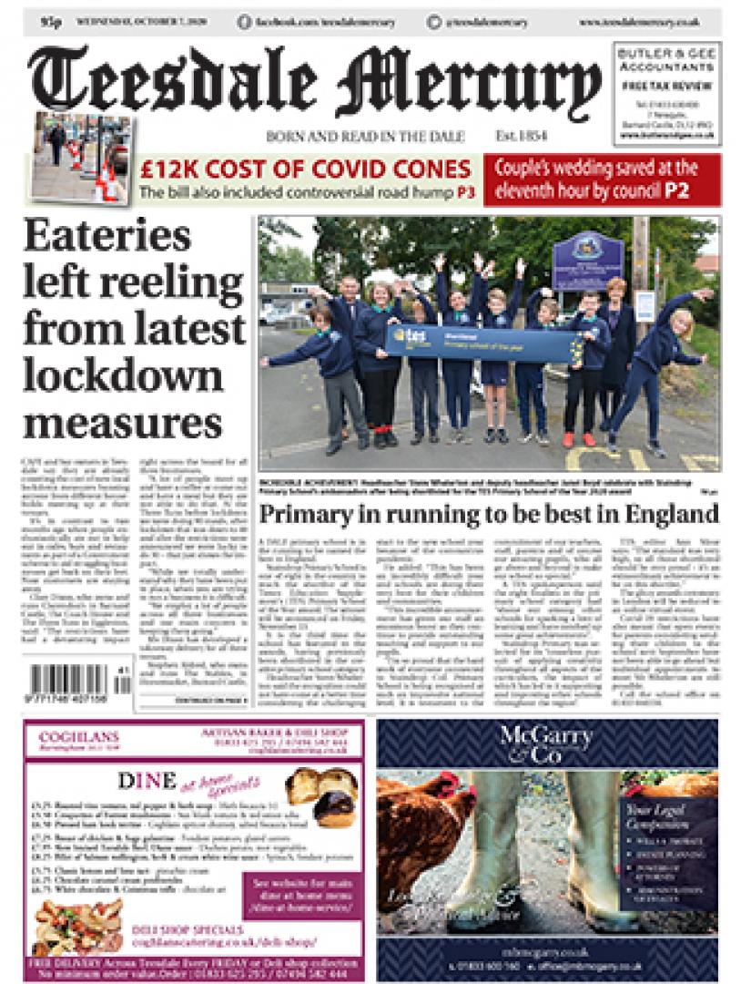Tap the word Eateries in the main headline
pyautogui.click(x=108, y=238)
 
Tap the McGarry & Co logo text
pyautogui.click(x=548, y=744)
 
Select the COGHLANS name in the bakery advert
pyautogui.click(x=71, y=734)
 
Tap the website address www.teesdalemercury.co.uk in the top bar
pyautogui.click(x=638, y=21)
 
